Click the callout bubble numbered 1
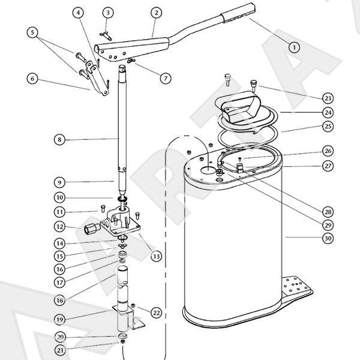point(294,47)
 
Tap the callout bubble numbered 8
point(59,139)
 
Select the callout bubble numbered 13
point(156,256)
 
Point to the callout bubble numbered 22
point(156,313)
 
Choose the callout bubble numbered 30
point(328,238)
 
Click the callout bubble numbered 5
point(32,32)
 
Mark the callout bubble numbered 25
point(328,126)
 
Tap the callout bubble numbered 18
point(59,300)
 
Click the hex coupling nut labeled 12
point(92,228)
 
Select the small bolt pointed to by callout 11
point(103,208)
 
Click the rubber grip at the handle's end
point(238,14)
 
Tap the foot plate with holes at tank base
point(296,288)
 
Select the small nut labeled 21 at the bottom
point(122,342)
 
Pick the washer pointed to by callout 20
point(122,335)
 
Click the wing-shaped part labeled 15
point(122,247)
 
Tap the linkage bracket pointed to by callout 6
point(97,79)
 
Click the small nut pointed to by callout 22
point(133,305)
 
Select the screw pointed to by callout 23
point(253,85)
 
